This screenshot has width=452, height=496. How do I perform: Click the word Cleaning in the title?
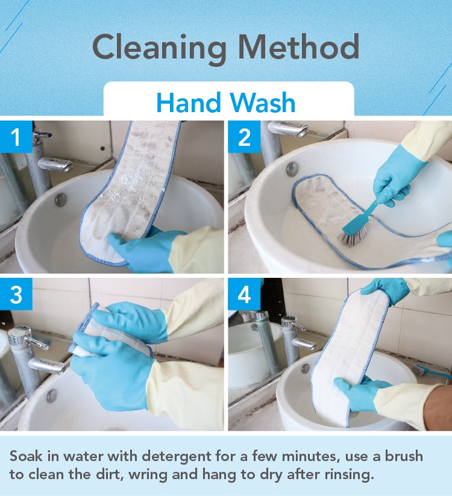pyautogui.click(x=160, y=48)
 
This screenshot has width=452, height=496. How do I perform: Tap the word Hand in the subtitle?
pyautogui.click(x=189, y=102)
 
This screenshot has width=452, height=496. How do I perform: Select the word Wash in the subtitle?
pyautogui.click(x=263, y=102)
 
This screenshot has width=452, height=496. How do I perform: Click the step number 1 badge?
pyautogui.click(x=16, y=137)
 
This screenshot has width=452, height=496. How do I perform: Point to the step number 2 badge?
pyautogui.click(x=244, y=137)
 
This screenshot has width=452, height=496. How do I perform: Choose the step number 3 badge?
pyautogui.click(x=16, y=294)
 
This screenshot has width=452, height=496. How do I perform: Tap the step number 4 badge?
pyautogui.click(x=244, y=294)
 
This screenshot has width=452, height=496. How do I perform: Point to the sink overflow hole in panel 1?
pyautogui.click(x=60, y=199)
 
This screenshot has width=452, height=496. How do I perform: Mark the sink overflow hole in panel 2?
pyautogui.click(x=292, y=169)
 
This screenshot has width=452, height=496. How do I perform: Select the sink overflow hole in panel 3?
pyautogui.click(x=52, y=395)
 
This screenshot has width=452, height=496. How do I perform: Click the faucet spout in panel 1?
pyautogui.click(x=55, y=165)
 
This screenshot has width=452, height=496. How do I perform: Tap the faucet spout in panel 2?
pyautogui.click(x=288, y=129)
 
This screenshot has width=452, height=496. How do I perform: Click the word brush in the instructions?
pyautogui.click(x=404, y=456)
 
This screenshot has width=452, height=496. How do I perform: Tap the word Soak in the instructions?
pyautogui.click(x=26, y=456)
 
